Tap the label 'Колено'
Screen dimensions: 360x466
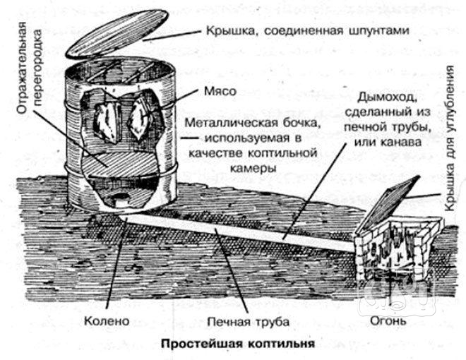[108, 321]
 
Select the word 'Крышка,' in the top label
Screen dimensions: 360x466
[232, 32]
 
